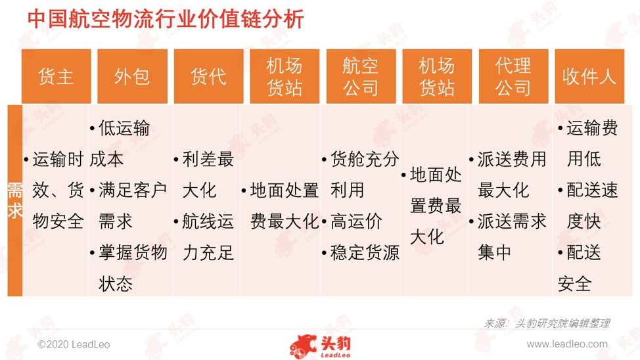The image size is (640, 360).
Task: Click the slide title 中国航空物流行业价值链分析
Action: pos(166,19)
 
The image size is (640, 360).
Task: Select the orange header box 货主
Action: pos(57,76)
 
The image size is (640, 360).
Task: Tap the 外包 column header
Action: pos(132,76)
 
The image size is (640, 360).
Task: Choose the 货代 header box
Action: pos(208,76)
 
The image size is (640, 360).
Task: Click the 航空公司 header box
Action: pos(361,76)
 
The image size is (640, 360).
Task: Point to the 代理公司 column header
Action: pos(513,76)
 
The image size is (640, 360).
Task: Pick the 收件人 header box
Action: pos(589,76)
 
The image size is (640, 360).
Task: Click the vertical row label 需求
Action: pos(15,200)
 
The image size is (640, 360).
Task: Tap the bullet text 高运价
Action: pos(352,221)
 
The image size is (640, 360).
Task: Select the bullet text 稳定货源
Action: pos(361,253)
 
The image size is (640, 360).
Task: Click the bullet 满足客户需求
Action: pos(129,206)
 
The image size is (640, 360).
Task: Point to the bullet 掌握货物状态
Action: pos(129,268)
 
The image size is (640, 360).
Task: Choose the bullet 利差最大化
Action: pos(204,175)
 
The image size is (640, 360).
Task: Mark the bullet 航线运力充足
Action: pos(204,237)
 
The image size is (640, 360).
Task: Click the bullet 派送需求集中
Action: pos(508,237)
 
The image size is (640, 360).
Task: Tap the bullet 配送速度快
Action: pos(588,206)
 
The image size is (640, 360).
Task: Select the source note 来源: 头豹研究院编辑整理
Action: pos(547,323)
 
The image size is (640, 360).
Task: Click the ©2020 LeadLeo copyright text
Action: pos(74,344)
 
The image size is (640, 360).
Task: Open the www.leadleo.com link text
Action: pos(567,344)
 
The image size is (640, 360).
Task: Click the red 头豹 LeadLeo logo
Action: pos(321,347)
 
